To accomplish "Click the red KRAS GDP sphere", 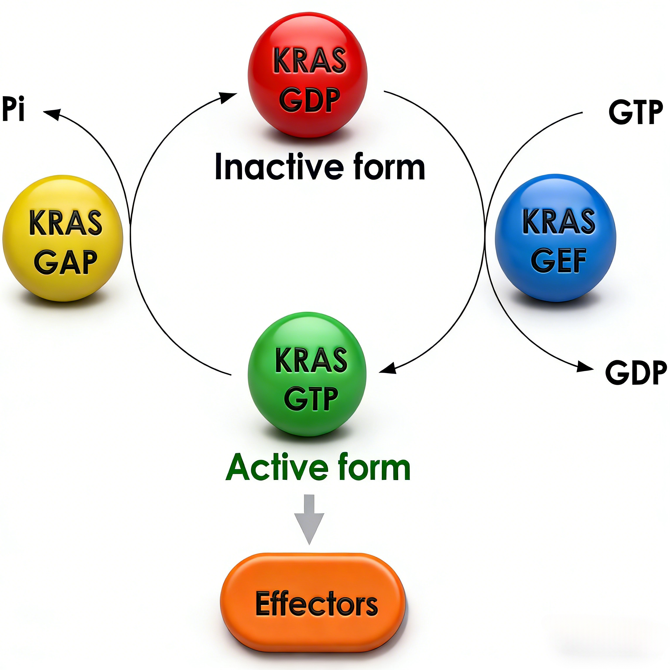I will (x=307, y=75).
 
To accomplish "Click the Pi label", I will (x=13, y=109).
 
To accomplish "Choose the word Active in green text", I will (x=277, y=468).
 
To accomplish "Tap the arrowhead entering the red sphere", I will (x=229, y=97).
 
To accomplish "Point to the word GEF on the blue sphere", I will (x=558, y=261).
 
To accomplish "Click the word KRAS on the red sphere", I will (x=310, y=61).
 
